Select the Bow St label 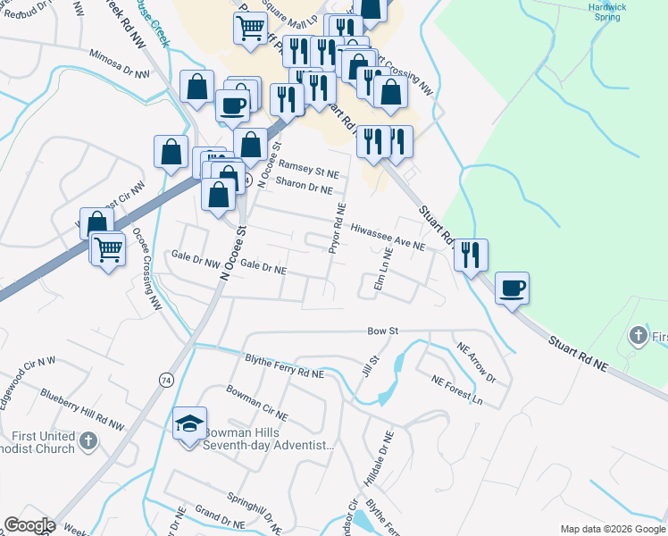(382, 331)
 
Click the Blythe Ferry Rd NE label (284, 366)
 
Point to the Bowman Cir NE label (257, 404)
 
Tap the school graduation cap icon (189, 423)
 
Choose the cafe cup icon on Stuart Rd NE (512, 289)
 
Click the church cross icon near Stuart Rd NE (638, 336)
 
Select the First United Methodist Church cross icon (88, 440)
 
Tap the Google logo (29, 525)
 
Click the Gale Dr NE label (263, 268)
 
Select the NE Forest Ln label (456, 390)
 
